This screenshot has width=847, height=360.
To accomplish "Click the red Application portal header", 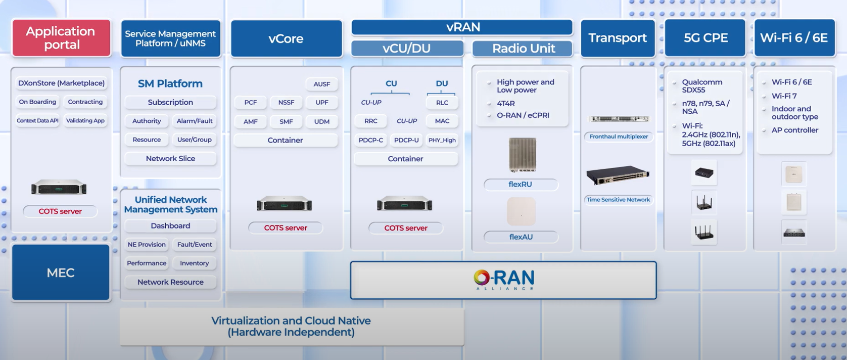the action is tap(62, 38).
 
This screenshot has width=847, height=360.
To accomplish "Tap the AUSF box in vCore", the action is tap(322, 84).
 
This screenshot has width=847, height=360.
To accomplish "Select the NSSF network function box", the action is tap(286, 103).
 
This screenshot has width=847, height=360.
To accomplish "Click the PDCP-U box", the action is tap(406, 140).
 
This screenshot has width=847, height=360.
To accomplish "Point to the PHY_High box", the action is tap(442, 140).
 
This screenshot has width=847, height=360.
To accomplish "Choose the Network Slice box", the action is tap(170, 158).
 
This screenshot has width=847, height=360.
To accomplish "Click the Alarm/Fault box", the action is tap(195, 121).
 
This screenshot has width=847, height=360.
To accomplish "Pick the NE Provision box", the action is tap(147, 244).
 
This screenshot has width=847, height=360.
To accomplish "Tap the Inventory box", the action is tap(195, 263).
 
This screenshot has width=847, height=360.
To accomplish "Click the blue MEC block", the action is tap(61, 272).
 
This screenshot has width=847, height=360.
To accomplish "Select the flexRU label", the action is tap(521, 185).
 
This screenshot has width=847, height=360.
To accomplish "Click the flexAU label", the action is tap(521, 237).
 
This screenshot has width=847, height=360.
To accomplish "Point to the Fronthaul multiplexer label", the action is tap(619, 137).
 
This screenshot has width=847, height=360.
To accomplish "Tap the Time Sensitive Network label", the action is tap(619, 200).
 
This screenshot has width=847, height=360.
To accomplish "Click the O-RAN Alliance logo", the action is tap(504, 280).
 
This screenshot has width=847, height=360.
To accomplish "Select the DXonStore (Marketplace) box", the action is tap(61, 83).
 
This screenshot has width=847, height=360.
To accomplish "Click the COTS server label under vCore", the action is tap(286, 228).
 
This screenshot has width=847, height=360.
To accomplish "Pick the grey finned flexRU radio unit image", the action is tap(523, 155).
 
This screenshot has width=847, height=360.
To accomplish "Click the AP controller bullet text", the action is tap(795, 130).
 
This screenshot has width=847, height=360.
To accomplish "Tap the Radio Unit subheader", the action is tap(523, 49).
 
